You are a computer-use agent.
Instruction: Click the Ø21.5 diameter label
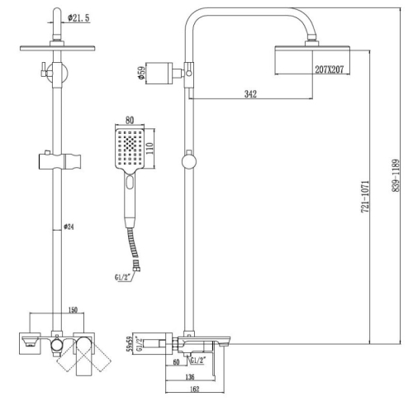pos(78,18)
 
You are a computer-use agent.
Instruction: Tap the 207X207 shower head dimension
pos(330,69)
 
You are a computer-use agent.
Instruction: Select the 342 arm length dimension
pos(250,94)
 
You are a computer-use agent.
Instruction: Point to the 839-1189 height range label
pos(395,175)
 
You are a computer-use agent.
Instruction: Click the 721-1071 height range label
pos(365,197)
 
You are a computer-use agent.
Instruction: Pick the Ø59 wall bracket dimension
pos(141,74)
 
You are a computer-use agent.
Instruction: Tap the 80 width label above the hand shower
pos(130,120)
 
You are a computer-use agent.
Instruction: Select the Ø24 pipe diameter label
pos(69,227)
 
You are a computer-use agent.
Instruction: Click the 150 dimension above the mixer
pos(73,310)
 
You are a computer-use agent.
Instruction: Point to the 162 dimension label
pos(194,389)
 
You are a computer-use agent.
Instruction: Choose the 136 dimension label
pos(190,377)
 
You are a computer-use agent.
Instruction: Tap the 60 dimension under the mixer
pos(176,362)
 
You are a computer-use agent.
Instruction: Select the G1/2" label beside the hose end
pos(122,277)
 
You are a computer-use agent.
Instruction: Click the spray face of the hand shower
pos(130,149)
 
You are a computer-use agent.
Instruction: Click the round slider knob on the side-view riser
pos(189,162)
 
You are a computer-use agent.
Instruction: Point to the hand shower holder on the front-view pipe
pos(59,161)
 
